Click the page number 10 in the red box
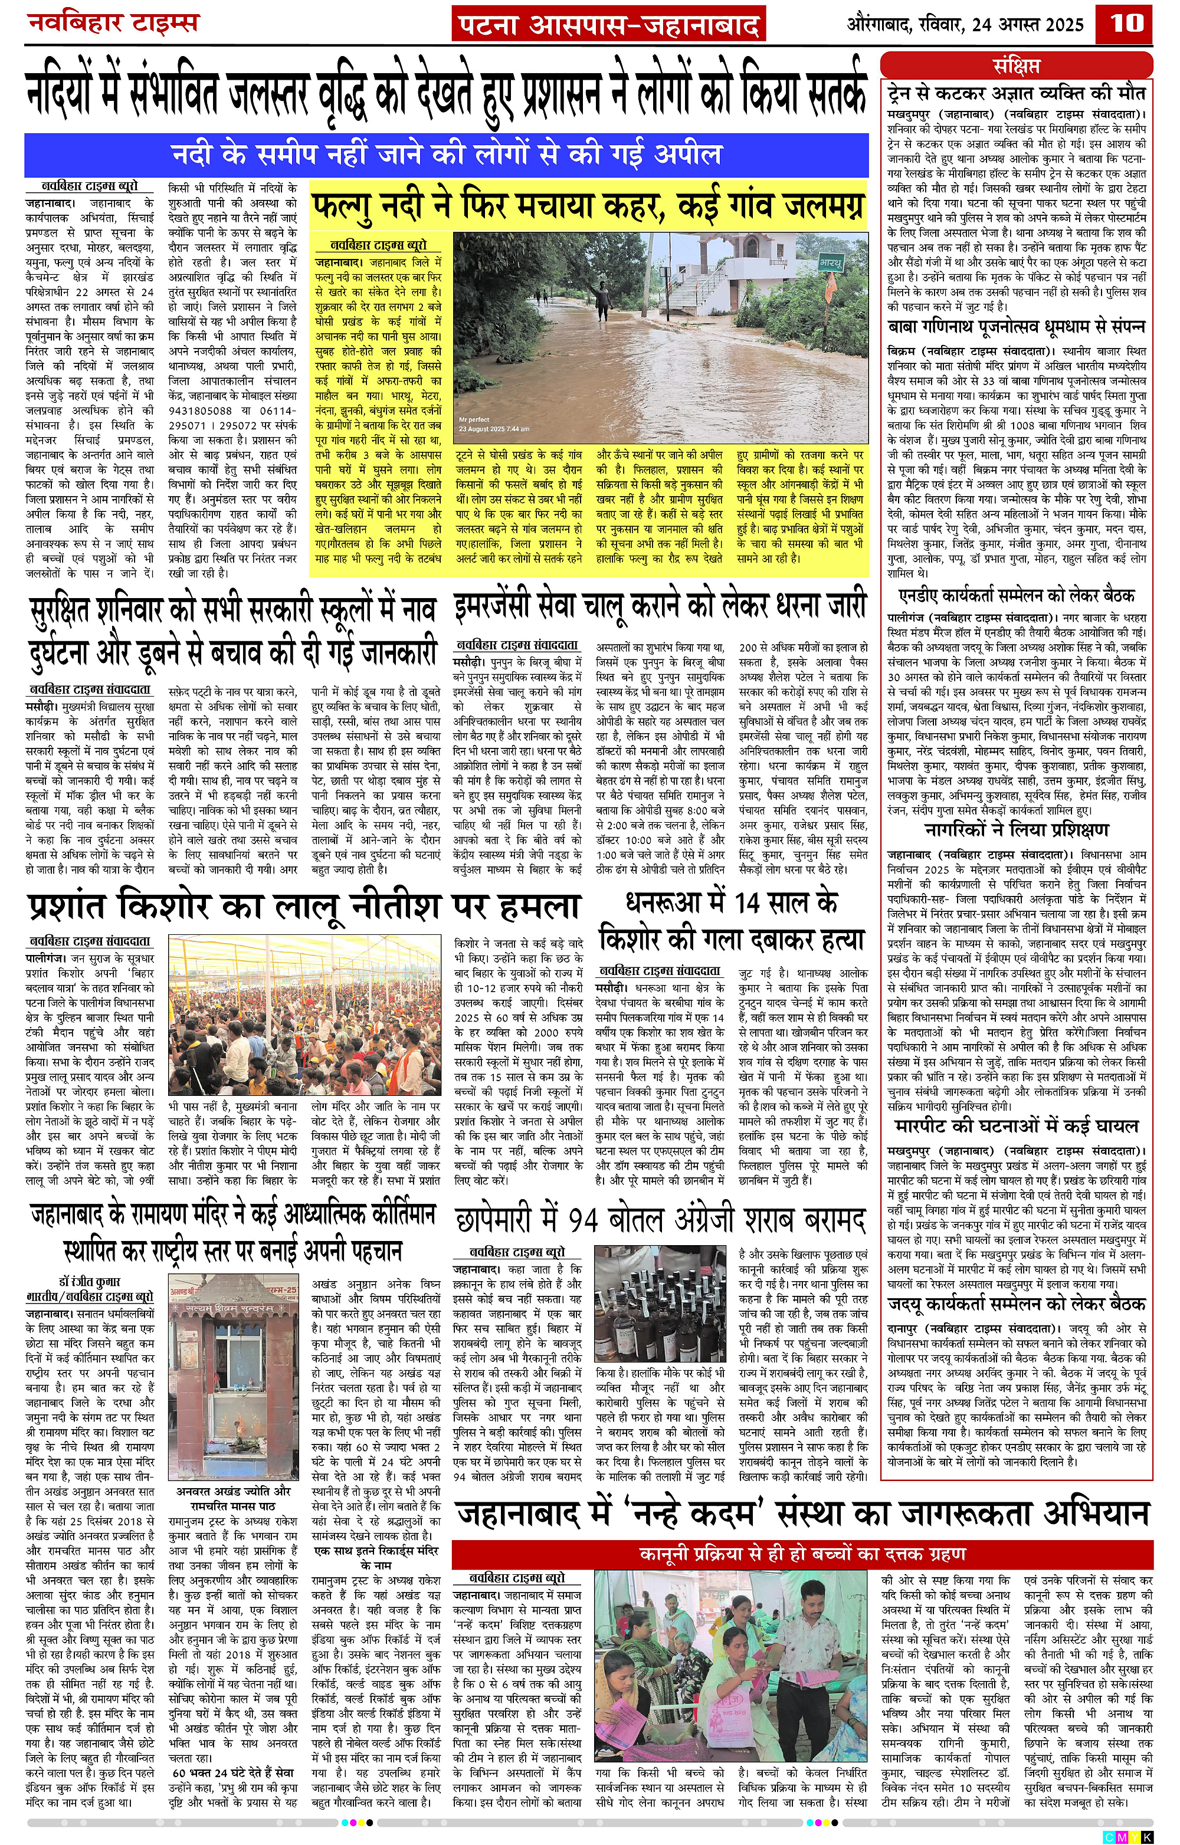(1126, 22)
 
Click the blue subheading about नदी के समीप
(446, 155)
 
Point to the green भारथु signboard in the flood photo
(831, 261)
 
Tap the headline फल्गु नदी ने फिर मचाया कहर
(588, 206)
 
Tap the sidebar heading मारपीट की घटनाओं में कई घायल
(1017, 1125)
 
